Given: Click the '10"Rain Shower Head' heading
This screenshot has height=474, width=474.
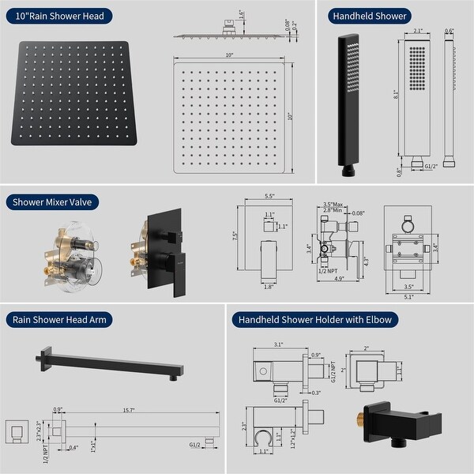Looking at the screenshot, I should click(59, 15).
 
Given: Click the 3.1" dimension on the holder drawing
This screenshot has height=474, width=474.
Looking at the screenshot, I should click(279, 344).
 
